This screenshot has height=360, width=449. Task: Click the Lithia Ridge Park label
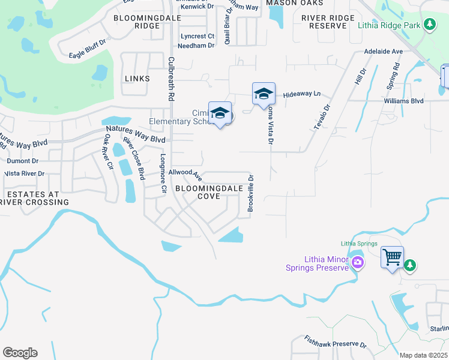[389, 25]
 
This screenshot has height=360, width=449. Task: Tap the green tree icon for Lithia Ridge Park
[429, 25]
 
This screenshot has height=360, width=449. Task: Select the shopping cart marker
[393, 257]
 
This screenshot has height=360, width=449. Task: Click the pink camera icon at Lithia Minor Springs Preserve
[358, 262]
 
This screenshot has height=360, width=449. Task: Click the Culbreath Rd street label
[171, 78]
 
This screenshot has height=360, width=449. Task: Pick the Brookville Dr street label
[252, 194]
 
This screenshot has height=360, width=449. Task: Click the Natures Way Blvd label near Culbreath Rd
[135, 133]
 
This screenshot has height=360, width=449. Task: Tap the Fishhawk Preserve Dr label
[335, 343]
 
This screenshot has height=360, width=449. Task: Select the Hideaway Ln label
[303, 94]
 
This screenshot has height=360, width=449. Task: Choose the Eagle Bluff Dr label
[87, 47]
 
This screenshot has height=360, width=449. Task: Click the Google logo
[20, 353]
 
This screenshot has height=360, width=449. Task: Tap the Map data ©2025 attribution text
[423, 355]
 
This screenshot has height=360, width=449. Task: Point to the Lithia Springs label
[359, 244]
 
